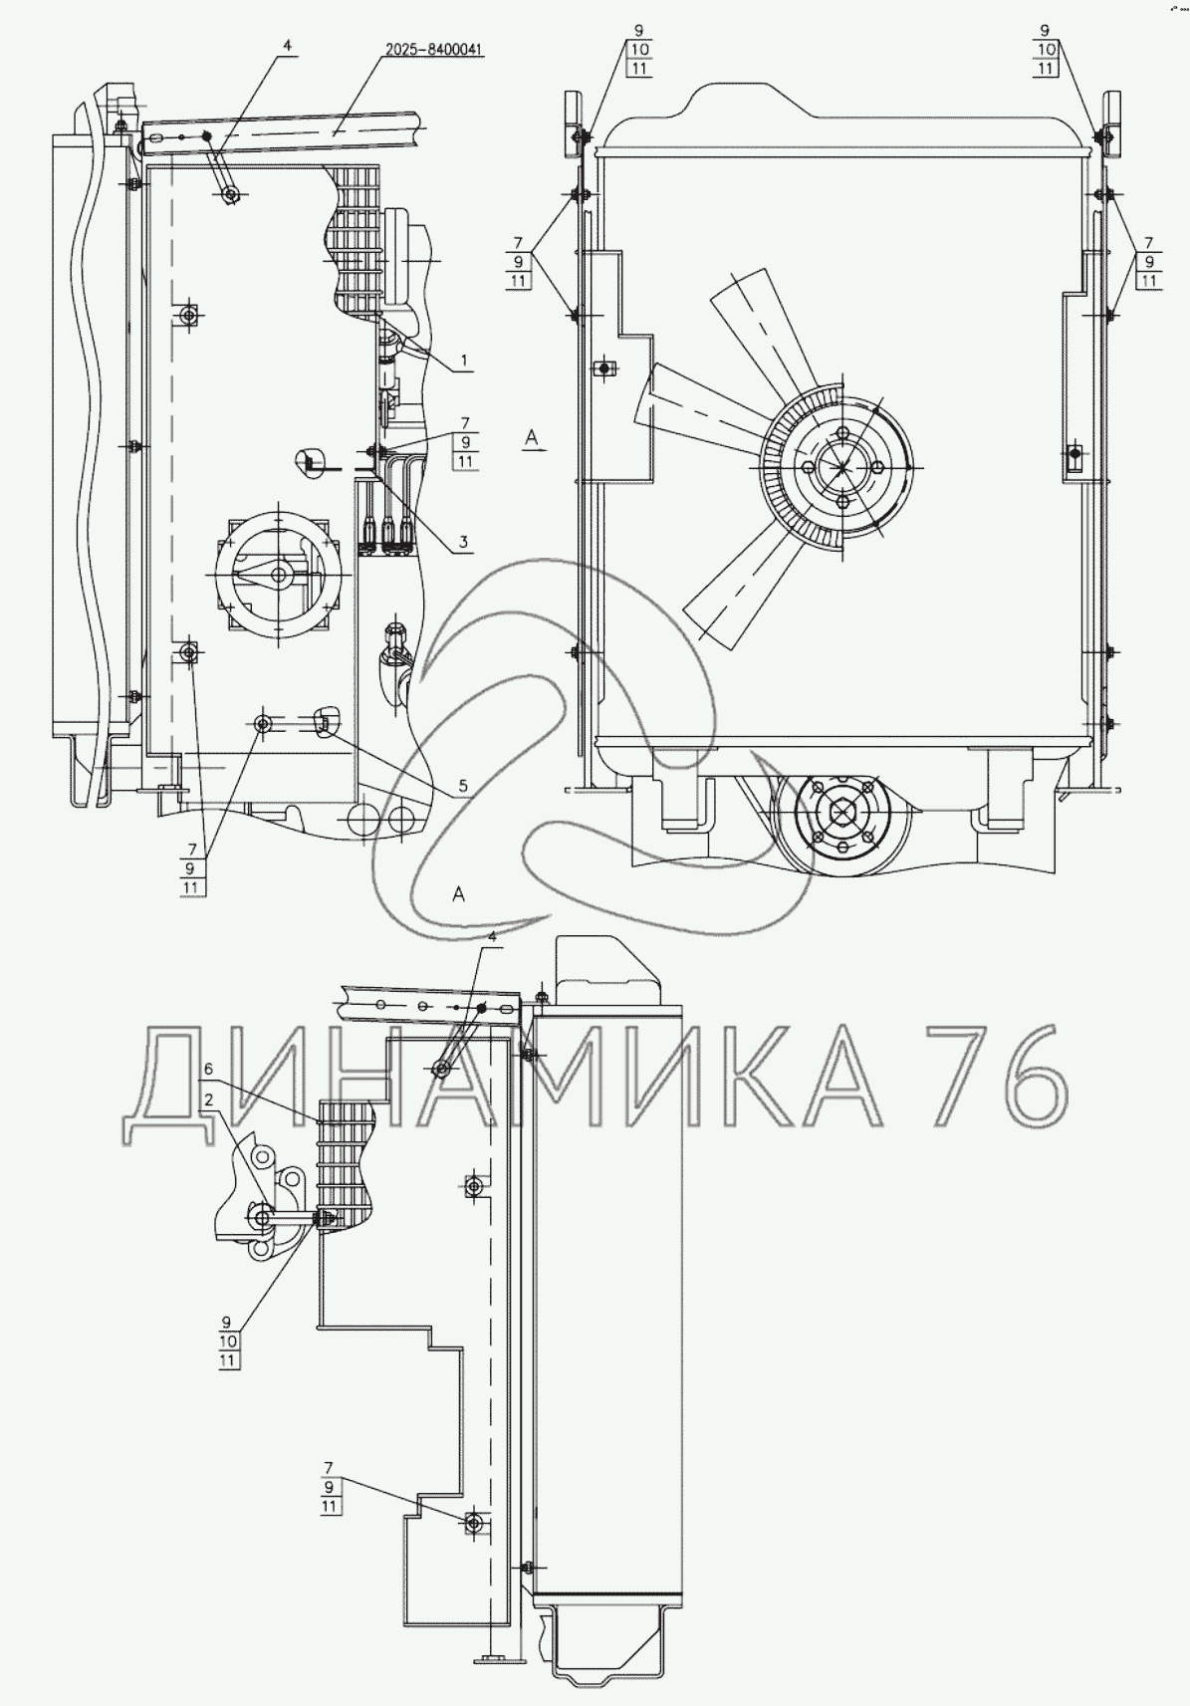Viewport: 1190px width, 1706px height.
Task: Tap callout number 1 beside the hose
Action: click(x=463, y=360)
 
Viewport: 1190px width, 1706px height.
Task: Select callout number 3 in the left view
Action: click(x=463, y=542)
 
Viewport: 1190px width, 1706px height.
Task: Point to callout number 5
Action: click(x=463, y=785)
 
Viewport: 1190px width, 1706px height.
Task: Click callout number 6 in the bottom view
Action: click(x=208, y=1070)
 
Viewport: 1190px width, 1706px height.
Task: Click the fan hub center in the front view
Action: click(x=840, y=467)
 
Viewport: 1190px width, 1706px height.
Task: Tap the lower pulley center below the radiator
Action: click(x=841, y=814)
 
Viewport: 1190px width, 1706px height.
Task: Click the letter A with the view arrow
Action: click(x=532, y=436)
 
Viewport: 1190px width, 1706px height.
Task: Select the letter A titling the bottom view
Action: click(x=458, y=894)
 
